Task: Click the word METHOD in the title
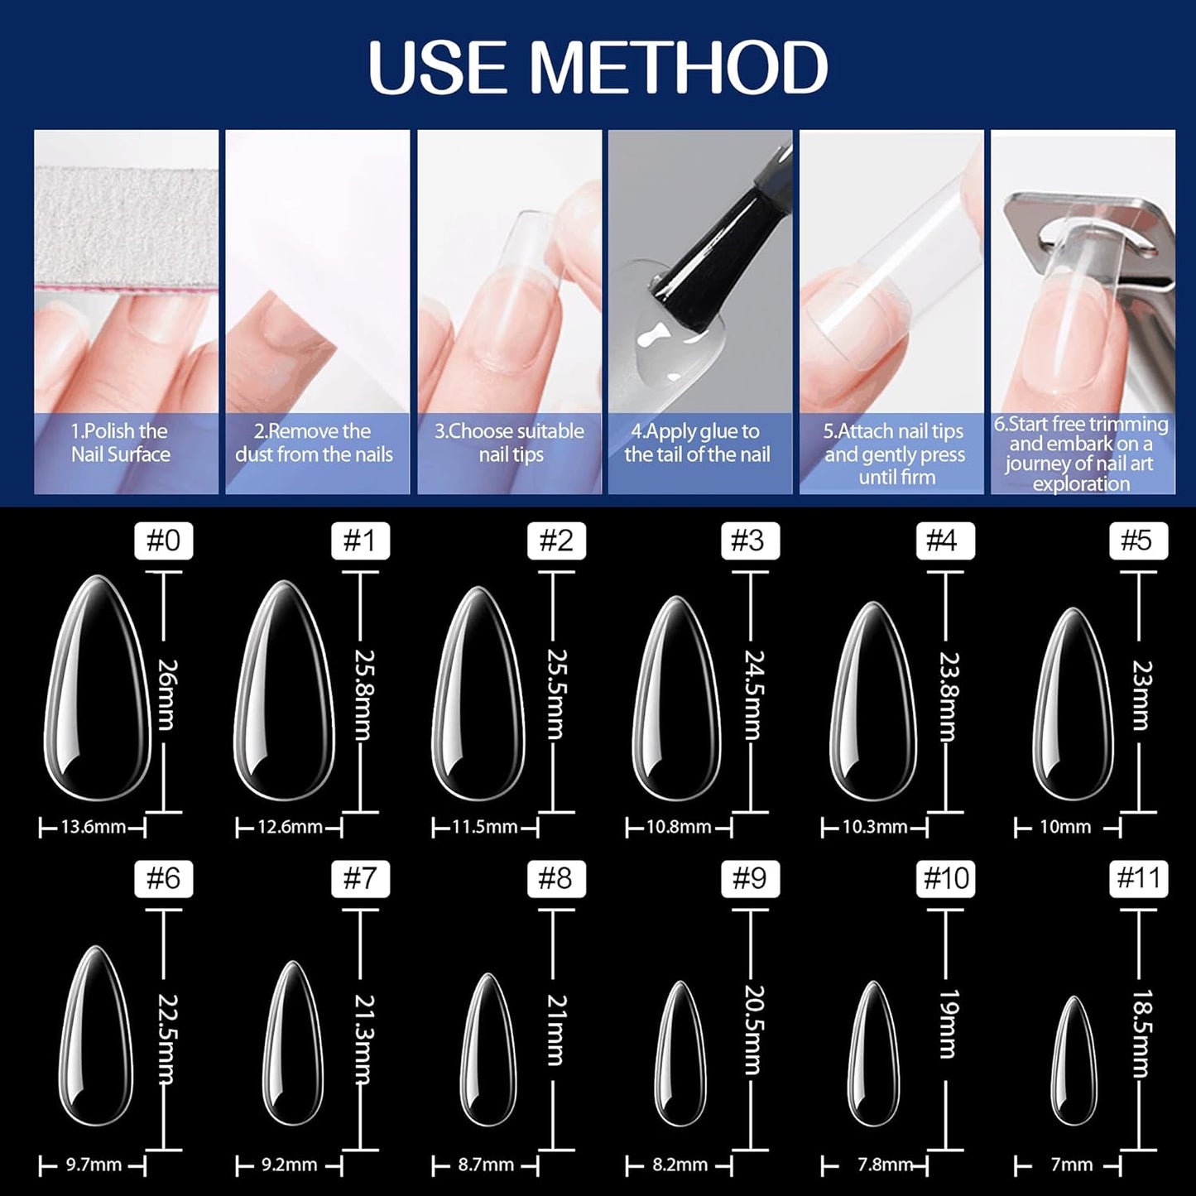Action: point(679,67)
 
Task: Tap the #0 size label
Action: point(163,540)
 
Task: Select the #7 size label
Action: point(359,878)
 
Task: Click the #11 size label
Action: point(1139,878)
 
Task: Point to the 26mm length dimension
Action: point(166,694)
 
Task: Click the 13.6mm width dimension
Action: point(93,827)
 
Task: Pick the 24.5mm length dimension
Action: point(753,694)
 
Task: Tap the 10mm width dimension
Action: point(1065,827)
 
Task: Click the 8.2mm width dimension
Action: point(680,1165)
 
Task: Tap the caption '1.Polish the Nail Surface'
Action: point(120,443)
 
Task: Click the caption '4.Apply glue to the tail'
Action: point(697,443)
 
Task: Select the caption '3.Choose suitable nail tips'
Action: point(509,443)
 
